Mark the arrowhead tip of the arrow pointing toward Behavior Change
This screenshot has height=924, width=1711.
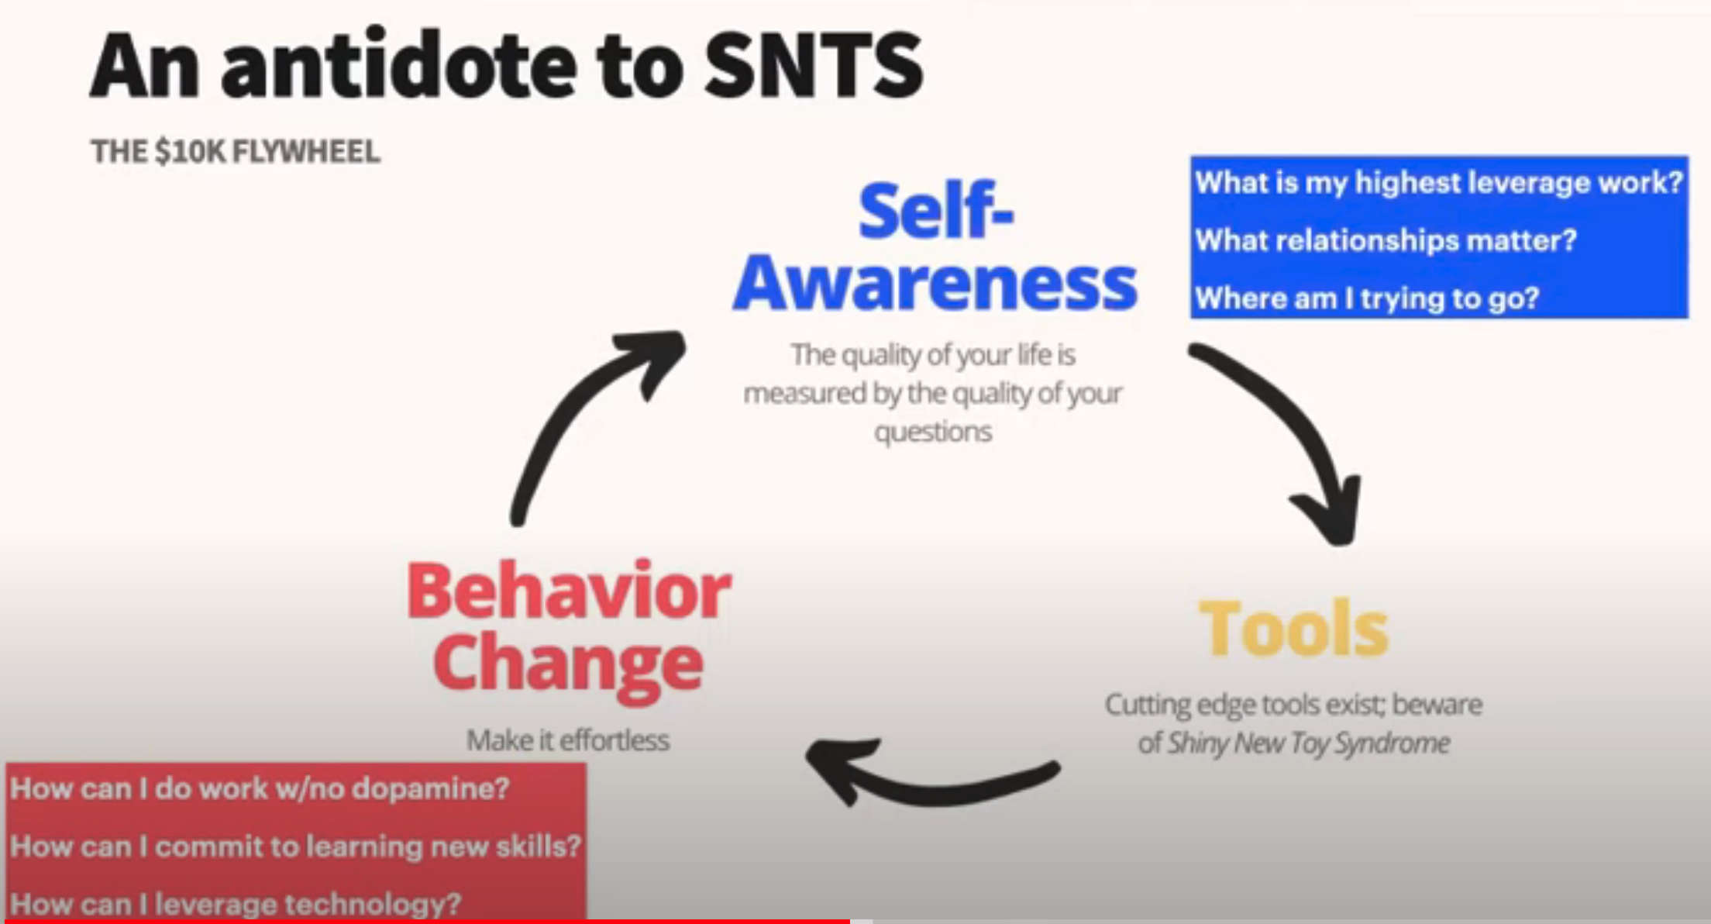[x=807, y=751]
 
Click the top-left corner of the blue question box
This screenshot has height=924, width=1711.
[x=1191, y=157]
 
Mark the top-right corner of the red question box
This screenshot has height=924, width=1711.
[x=587, y=764]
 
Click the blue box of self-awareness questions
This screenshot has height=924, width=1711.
[x=1440, y=237]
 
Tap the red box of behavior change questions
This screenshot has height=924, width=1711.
[x=296, y=843]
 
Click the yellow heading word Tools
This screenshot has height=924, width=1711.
[x=1293, y=629]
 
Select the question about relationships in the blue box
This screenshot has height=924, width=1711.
[x=1386, y=240]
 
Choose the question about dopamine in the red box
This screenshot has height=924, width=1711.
[x=260, y=788]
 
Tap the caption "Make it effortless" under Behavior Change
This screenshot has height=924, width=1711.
[x=568, y=740]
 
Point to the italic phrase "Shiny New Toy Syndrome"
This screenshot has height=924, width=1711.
[x=1309, y=743]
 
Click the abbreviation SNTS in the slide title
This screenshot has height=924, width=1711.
[x=814, y=66]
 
